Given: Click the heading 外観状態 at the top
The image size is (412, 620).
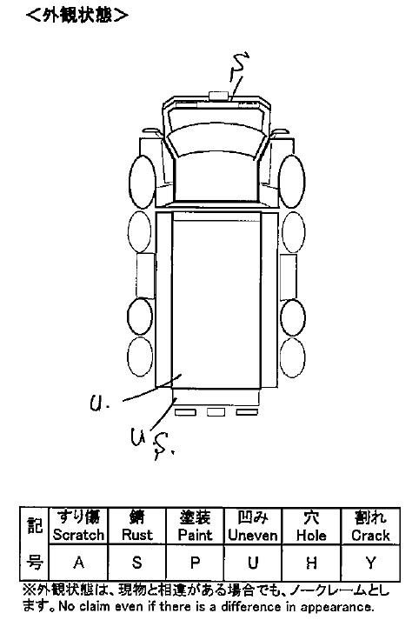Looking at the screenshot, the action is pyautogui.click(x=77, y=15).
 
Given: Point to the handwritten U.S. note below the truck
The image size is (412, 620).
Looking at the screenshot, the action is pyautogui.click(x=152, y=443).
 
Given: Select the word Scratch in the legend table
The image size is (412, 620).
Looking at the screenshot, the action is pyautogui.click(x=79, y=535).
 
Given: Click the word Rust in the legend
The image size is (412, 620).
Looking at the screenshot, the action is pyautogui.click(x=136, y=535).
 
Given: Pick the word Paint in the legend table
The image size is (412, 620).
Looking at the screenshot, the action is pyautogui.click(x=195, y=535).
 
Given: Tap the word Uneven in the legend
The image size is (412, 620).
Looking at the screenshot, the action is pyautogui.click(x=253, y=535).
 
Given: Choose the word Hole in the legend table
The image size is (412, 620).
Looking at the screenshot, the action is pyautogui.click(x=311, y=535).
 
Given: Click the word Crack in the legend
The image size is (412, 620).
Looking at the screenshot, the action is pyautogui.click(x=370, y=535).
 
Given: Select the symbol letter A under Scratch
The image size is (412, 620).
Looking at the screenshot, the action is pyautogui.click(x=79, y=562).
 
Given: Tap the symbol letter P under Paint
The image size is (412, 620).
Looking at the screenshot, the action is pyautogui.click(x=195, y=562).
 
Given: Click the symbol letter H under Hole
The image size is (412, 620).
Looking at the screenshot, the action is pyautogui.click(x=311, y=563).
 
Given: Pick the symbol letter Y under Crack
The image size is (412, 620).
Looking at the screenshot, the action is pyautogui.click(x=370, y=563).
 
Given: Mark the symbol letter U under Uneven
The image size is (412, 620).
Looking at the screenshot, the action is pyautogui.click(x=253, y=563).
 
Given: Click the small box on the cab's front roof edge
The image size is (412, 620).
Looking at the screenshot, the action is pyautogui.click(x=218, y=96).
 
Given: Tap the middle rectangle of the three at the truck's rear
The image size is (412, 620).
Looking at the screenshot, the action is pyautogui.click(x=216, y=412).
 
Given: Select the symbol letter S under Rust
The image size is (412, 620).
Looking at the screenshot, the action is pyautogui.click(x=136, y=562).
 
